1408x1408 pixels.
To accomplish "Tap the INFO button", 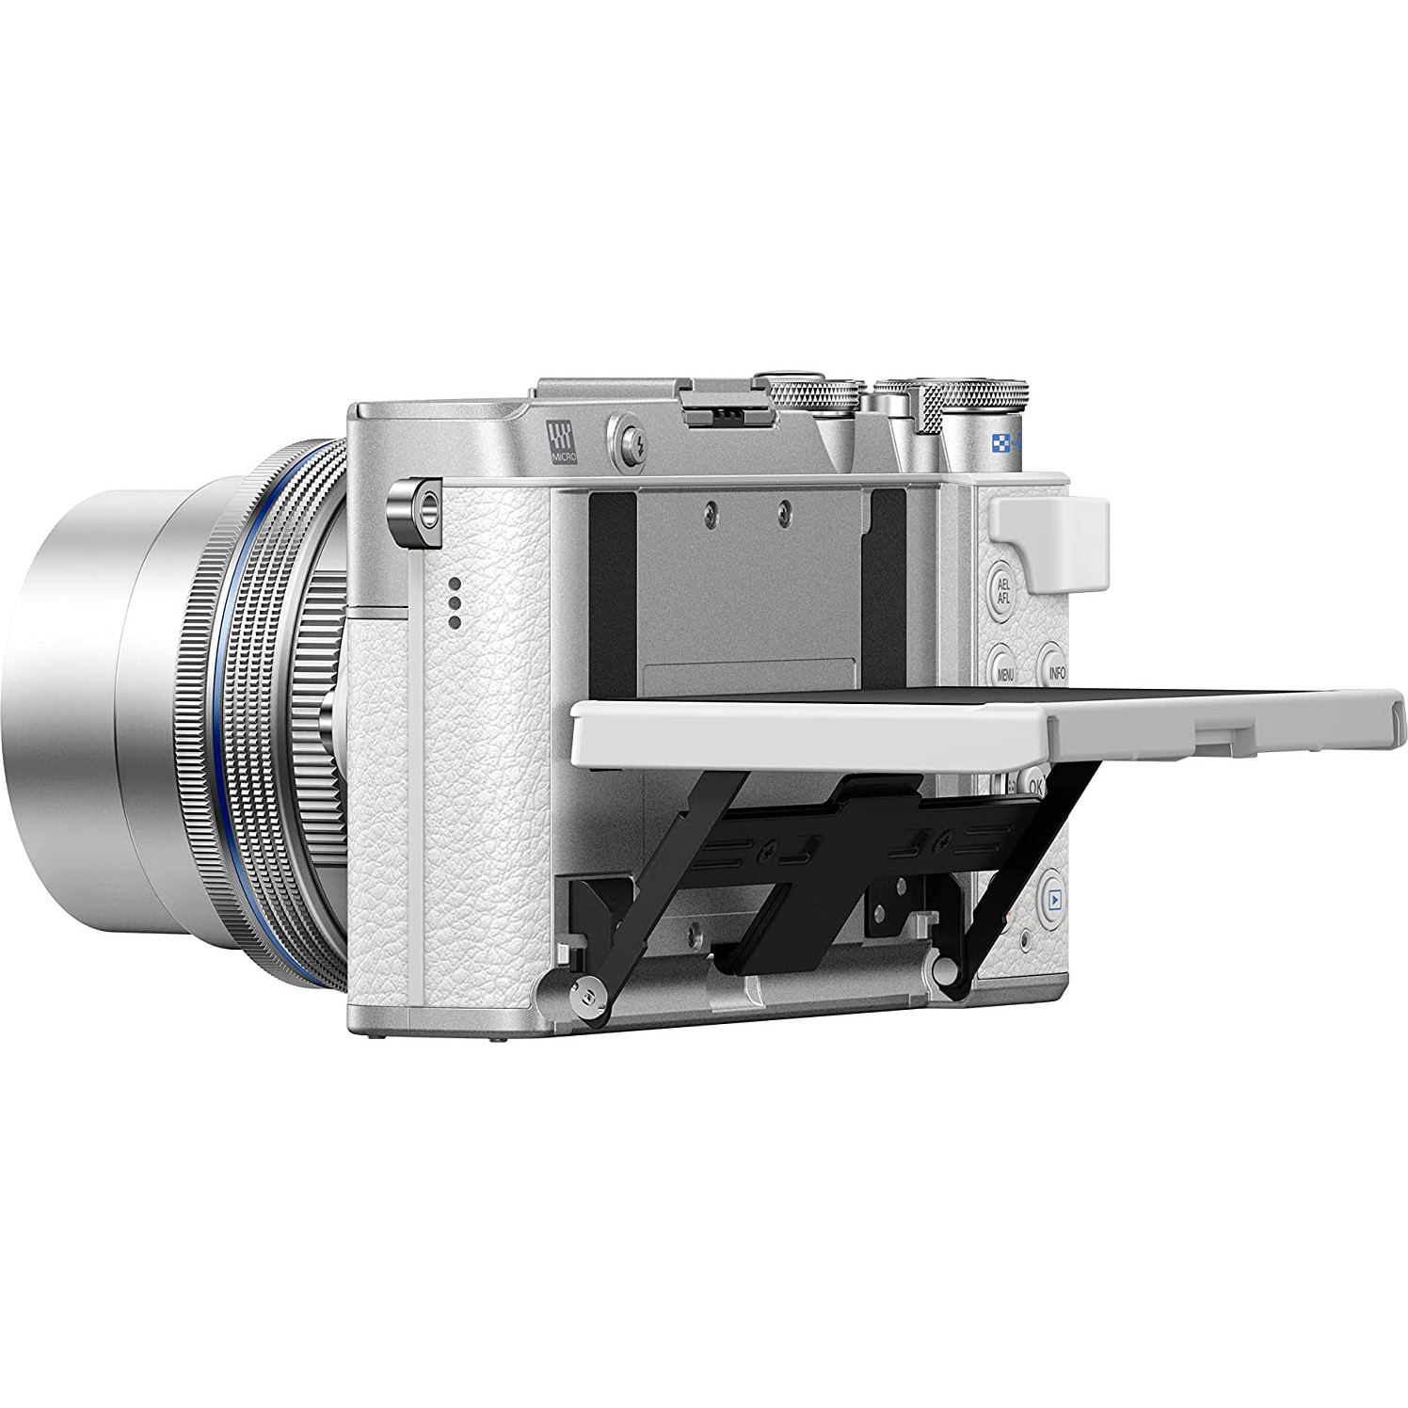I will point(1056,672).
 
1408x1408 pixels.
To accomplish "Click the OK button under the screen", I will point(1036,784).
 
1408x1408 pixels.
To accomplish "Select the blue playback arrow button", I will point(1054,899).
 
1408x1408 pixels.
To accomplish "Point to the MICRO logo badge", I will point(562,440).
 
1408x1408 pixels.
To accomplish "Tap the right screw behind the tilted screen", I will point(785,509).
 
